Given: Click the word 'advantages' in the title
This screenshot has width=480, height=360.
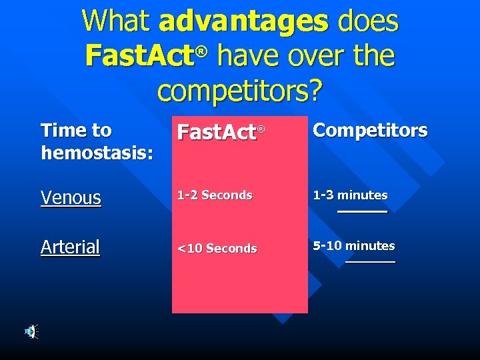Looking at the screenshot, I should click(243, 22).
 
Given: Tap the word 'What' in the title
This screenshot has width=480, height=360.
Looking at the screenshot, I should click(116, 21).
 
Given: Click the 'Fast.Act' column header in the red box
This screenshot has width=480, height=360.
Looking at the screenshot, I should click(217, 133).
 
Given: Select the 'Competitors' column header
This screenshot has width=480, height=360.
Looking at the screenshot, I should click(370, 131).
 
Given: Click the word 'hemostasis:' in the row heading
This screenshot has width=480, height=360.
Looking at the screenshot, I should click(97, 153).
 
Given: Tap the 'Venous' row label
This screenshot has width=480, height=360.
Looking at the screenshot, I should click(71, 197).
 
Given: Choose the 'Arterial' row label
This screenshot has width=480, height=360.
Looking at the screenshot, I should click(70, 247).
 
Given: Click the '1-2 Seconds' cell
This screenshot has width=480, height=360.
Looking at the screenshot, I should click(214, 195).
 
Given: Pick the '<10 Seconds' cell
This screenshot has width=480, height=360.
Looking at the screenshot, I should click(216, 249).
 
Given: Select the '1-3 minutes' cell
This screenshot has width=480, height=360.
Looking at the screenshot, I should click(350, 195).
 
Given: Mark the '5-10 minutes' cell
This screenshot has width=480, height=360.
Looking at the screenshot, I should click(354, 246).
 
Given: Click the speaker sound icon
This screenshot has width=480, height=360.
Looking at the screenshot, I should click(31, 331).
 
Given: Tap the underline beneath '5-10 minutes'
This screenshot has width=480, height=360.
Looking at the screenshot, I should click(370, 261).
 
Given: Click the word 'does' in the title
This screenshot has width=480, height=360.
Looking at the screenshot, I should click(367, 21).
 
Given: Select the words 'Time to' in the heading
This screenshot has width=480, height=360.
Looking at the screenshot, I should click(76, 130).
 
